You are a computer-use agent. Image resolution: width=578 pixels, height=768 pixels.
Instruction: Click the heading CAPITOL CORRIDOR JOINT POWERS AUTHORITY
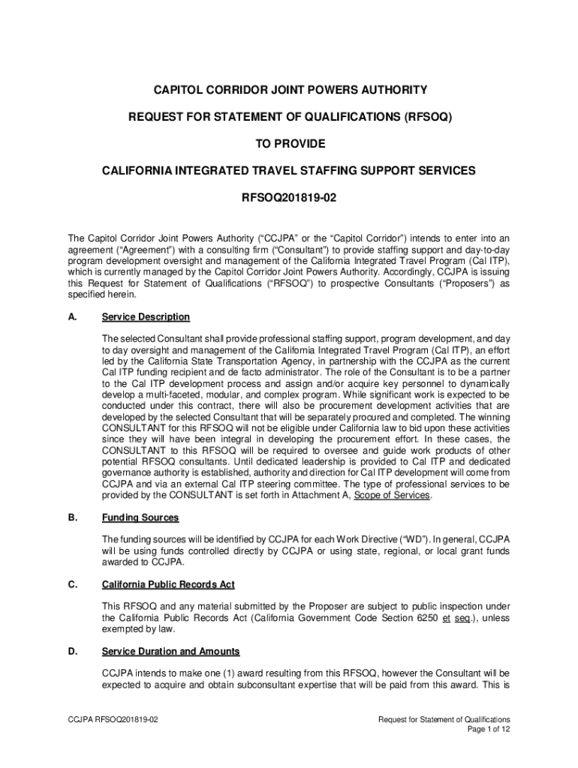pos(289,90)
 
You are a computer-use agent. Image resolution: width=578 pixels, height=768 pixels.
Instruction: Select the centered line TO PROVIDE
pos(289,144)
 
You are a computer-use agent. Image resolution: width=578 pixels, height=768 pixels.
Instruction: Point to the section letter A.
pos(72,317)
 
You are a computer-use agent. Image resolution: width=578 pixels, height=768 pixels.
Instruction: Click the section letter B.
pos(72,517)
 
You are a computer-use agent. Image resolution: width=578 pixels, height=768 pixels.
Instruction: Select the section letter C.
pos(72,584)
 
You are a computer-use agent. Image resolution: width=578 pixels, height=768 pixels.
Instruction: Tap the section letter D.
pos(72,651)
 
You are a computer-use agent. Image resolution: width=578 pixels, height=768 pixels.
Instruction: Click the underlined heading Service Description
pos(146,317)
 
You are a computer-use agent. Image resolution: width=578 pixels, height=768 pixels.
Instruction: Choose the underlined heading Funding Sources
pos(140,517)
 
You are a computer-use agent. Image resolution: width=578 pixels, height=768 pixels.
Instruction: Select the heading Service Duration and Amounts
pos(170,651)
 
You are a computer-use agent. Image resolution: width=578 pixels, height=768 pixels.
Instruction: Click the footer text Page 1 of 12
pos(488,729)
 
